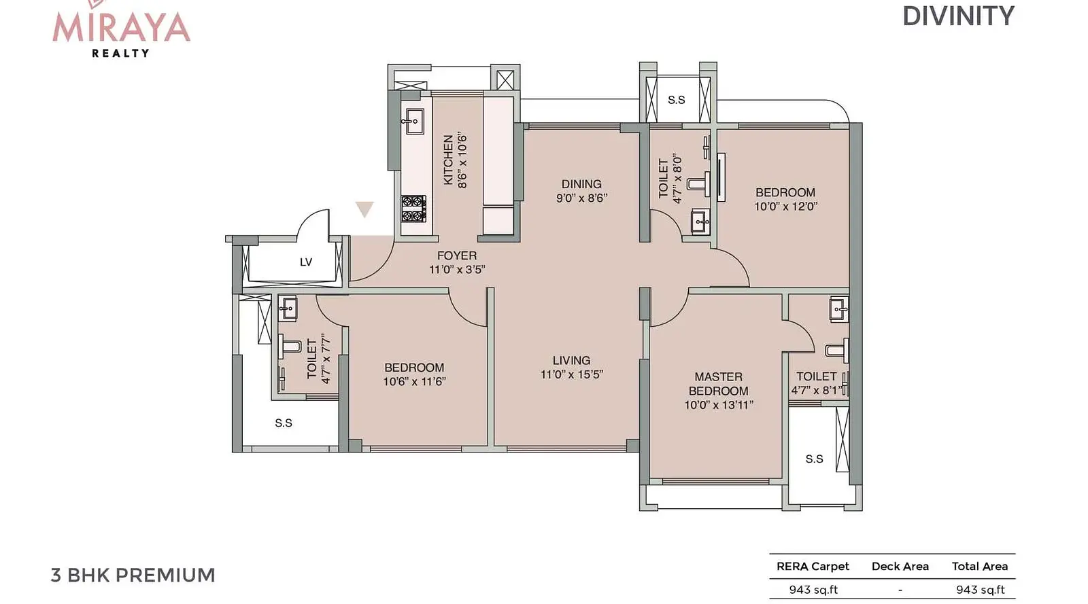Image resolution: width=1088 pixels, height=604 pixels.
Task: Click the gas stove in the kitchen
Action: [413, 209]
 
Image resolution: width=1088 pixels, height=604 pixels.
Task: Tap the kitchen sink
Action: [413, 122]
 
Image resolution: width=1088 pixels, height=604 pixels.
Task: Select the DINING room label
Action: [581, 184]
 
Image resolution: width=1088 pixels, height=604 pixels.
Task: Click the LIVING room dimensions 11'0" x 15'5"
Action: [572, 374]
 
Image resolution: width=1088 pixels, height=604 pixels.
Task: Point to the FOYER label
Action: [456, 255]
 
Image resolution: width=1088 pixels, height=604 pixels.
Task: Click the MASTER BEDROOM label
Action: [718, 384]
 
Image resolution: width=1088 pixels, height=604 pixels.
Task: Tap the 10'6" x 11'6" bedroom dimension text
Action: [414, 382]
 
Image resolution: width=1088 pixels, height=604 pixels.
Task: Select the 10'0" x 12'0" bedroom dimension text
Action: [785, 206]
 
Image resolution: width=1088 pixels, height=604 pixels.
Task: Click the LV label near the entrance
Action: [305, 262]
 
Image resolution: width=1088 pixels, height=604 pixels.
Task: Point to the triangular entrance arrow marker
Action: [364, 208]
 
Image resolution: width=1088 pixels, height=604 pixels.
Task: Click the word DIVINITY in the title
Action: [958, 16]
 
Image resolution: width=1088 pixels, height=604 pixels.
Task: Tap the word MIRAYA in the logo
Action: [121, 28]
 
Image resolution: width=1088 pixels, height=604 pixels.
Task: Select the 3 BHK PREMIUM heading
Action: [133, 575]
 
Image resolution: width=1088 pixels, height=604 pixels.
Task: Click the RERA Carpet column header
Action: [813, 566]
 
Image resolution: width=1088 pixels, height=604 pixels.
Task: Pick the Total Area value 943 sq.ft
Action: [980, 590]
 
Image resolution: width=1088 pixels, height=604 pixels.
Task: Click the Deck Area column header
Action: [900, 566]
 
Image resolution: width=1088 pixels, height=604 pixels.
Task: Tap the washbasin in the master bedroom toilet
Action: [839, 309]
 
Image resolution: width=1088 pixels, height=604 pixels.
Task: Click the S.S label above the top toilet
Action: [676, 100]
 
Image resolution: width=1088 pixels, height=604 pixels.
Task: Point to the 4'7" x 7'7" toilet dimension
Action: [326, 358]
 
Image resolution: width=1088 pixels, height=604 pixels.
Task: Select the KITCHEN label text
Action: [448, 160]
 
